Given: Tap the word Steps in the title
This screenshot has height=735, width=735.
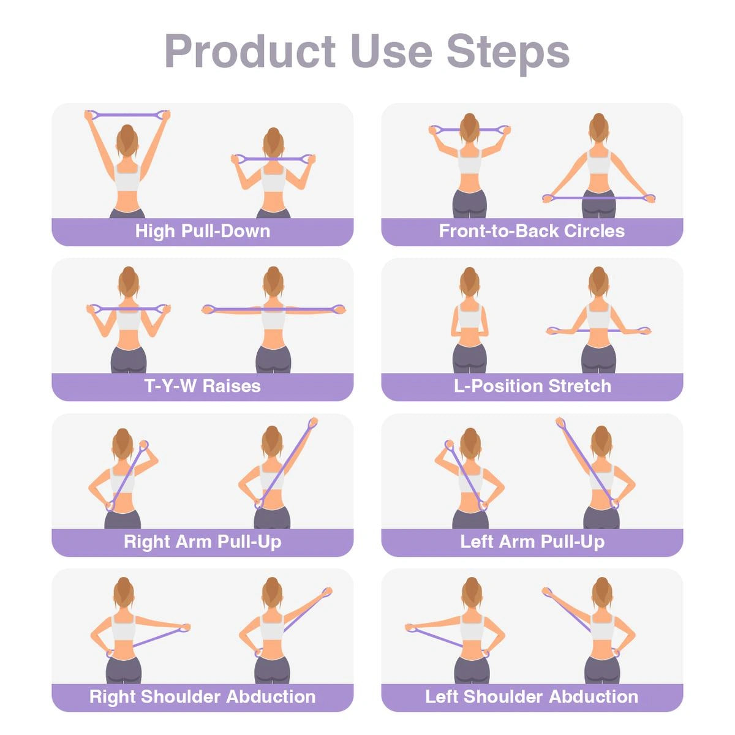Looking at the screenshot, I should point(508,51).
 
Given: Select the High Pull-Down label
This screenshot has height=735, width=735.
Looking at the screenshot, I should point(202,232).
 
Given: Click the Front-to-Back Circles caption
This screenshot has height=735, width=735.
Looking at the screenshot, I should point(532,232).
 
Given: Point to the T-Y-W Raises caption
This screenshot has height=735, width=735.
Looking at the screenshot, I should point(202,386).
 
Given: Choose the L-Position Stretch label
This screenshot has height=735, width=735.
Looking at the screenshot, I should point(532,386).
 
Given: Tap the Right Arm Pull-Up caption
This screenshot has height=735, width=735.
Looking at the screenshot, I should point(202,542).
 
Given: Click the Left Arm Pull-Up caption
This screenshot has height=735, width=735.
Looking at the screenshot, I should point(532,542).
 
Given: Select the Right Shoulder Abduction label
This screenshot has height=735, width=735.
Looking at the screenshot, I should point(202,697).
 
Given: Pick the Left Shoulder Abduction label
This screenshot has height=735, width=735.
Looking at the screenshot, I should point(532,697).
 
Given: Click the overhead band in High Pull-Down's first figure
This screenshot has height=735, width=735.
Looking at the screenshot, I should point(127,115).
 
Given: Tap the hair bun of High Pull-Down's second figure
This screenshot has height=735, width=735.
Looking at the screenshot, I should point(273,133).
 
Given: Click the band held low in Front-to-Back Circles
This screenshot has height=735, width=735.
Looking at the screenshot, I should point(598,198).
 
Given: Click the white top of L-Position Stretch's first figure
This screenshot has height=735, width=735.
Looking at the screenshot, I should point(469,317).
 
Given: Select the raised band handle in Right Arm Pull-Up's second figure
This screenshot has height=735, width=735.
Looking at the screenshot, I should point(312,423).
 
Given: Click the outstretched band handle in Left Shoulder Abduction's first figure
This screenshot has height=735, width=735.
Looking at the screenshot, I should point(412,628).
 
